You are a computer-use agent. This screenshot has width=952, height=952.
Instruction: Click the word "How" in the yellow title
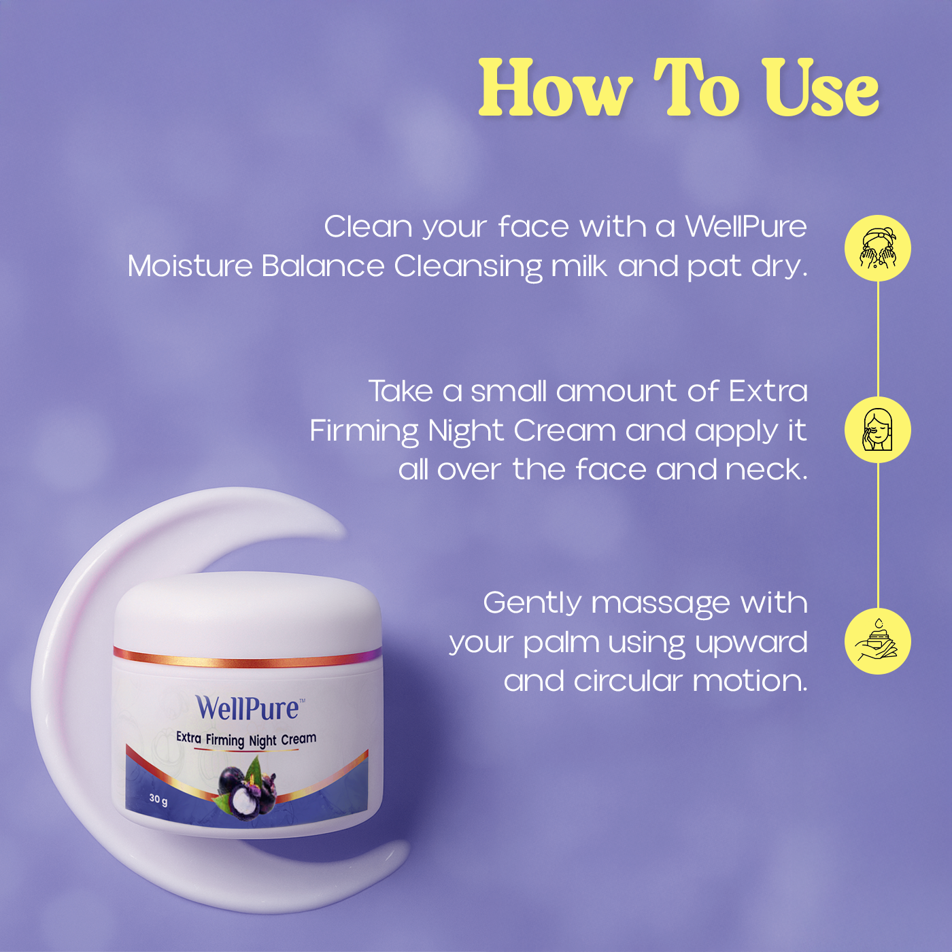point(555,89)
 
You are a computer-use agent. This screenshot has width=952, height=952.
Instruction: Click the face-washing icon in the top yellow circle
point(878,248)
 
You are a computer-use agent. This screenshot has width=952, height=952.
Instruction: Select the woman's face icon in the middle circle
point(878,430)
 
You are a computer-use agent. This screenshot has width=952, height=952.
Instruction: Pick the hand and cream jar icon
point(878,641)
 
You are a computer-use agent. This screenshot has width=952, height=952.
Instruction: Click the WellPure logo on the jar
point(248,709)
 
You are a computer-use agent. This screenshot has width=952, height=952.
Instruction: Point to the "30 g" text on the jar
point(158,799)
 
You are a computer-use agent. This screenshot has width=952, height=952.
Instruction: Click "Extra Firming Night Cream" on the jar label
point(246,739)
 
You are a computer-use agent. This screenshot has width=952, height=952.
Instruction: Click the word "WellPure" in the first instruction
point(745,226)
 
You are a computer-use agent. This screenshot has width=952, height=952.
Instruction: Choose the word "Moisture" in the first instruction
point(190,266)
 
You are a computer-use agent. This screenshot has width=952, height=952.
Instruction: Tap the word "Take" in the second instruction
point(401,391)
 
